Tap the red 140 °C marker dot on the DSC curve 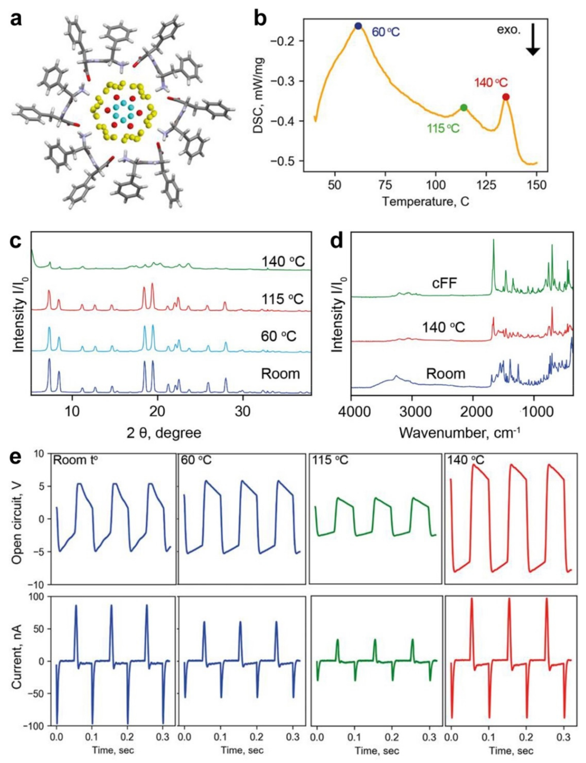[x=506, y=97]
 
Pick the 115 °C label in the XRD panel [x=282, y=299]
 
